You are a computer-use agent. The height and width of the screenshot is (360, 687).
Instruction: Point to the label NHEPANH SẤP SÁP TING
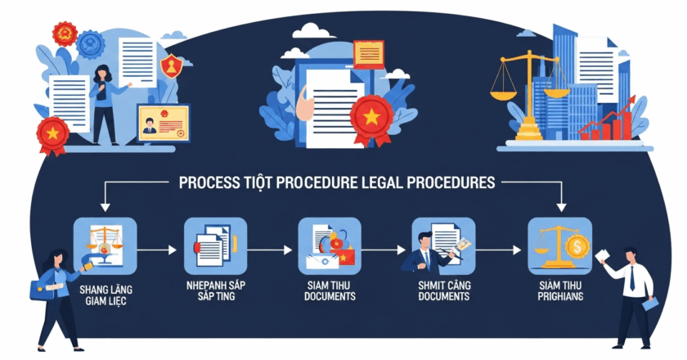[215, 292]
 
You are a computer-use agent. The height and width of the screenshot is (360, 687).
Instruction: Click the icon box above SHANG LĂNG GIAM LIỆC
[105, 245]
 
